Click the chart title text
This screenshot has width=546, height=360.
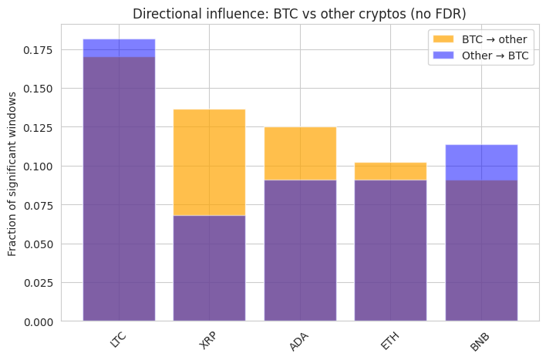coord(299,14)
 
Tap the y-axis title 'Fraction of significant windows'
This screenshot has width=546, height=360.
coord(12,173)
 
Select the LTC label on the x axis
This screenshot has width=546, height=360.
coord(118,340)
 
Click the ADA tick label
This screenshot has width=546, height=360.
coord(299,341)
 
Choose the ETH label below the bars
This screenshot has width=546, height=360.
coord(390,340)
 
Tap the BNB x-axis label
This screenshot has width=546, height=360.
coord(480,340)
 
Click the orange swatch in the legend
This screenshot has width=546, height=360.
coord(443,39)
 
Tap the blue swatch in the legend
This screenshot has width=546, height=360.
coord(443,56)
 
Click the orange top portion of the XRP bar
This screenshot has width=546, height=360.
coord(209,162)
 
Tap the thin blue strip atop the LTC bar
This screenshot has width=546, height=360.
coord(119,48)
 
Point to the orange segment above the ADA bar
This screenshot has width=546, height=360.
coord(300,153)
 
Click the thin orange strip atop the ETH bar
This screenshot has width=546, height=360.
coord(390,171)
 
